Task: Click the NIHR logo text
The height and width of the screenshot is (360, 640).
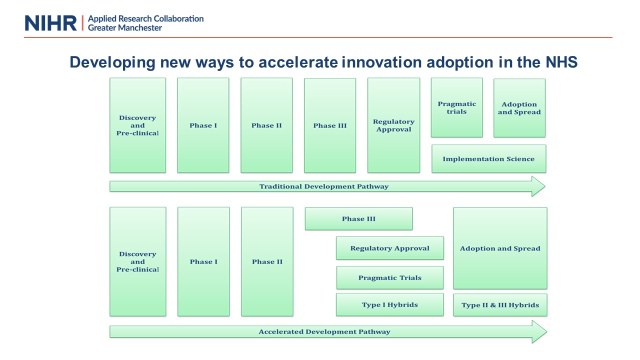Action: (51, 23)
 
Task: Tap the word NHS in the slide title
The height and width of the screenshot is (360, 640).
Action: (561, 62)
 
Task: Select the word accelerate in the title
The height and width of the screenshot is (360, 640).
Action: (298, 62)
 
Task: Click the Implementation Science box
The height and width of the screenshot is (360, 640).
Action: (488, 158)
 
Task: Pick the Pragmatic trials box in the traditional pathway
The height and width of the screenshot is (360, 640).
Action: (457, 107)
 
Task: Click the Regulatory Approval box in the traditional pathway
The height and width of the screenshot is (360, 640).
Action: (393, 125)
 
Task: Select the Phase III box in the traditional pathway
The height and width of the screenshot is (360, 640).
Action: (330, 125)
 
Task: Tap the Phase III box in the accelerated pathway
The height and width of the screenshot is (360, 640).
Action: (358, 218)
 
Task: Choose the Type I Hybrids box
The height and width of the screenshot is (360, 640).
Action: (389, 304)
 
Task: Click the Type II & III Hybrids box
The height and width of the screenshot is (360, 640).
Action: (500, 305)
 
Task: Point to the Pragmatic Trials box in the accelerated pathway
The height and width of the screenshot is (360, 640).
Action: (389, 277)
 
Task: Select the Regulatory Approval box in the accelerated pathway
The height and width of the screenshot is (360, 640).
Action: (389, 248)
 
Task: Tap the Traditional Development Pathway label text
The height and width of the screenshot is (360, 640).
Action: (323, 186)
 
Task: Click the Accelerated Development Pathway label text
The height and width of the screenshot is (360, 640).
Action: (324, 331)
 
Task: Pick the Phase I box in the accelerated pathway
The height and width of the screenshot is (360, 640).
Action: (203, 261)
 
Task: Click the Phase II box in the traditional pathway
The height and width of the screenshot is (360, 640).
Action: (266, 125)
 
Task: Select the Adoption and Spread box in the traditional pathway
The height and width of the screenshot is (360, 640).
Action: (519, 108)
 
